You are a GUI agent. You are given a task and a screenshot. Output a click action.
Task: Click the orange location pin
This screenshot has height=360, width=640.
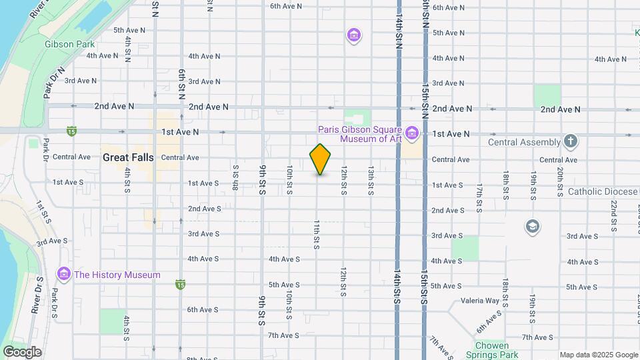coord(320,159)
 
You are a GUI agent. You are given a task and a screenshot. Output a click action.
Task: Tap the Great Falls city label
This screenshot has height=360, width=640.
coord(128,158)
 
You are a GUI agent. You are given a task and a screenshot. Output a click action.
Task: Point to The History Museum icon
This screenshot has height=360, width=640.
coord(64,275)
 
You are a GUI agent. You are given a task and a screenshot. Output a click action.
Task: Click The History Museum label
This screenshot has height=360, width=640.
coord(117,275)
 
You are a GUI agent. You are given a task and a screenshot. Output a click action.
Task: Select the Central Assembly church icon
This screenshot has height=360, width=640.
coord(570,141)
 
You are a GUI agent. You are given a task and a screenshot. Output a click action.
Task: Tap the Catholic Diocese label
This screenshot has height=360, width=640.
coord(603,191)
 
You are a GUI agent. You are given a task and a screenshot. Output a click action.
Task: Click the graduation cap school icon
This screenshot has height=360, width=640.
coord(532,226)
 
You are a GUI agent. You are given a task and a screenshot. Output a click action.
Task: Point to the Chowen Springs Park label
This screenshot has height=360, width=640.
coord(492,350)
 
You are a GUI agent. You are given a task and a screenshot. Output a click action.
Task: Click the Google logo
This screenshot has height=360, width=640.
coord(22,351)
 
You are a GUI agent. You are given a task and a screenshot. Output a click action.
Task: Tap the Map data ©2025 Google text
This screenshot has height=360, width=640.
coord(598,355)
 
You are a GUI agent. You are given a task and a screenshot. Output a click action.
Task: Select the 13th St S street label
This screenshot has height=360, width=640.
coord(370,181)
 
